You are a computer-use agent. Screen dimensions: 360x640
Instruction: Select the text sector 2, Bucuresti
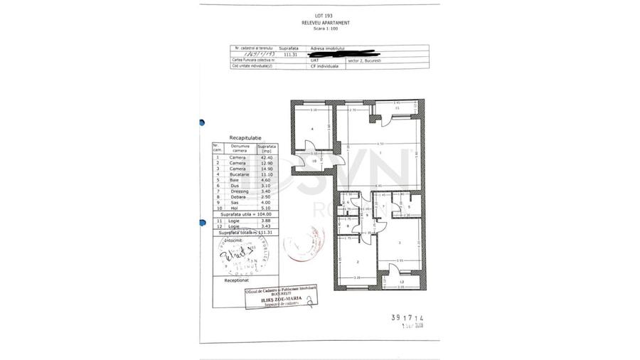[364, 60]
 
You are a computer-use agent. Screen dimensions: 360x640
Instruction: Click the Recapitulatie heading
[245, 137]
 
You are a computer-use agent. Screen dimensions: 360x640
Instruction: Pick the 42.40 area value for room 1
[267, 157]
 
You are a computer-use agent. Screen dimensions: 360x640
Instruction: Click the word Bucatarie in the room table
[238, 174]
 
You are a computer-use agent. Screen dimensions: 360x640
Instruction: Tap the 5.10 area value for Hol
[267, 208]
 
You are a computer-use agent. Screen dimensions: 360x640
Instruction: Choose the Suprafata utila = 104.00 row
[245, 214]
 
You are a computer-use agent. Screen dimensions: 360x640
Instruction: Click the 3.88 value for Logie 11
[267, 221]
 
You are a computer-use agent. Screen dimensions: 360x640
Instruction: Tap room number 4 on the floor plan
[312, 129]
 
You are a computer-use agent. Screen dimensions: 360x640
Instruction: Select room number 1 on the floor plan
[381, 153]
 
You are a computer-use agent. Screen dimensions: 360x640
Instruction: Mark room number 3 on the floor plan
[400, 243]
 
